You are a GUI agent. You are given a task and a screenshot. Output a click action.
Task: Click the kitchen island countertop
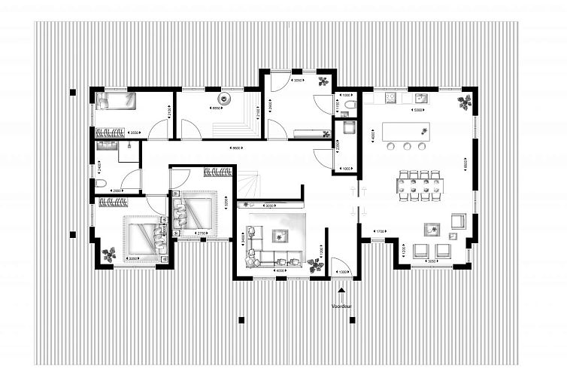pos(406,132)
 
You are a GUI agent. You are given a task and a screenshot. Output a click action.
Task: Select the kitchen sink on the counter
pos(422,98)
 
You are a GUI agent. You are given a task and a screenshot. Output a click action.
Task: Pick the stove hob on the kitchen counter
pos(391,98)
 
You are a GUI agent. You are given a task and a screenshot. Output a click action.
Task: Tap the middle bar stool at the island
pos(407,146)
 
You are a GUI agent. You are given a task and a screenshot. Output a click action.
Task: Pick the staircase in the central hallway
pos(252,184)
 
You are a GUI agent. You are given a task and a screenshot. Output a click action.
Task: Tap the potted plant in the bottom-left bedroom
pos(109,255)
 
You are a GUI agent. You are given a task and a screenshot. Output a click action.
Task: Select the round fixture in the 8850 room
pos(223,99)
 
